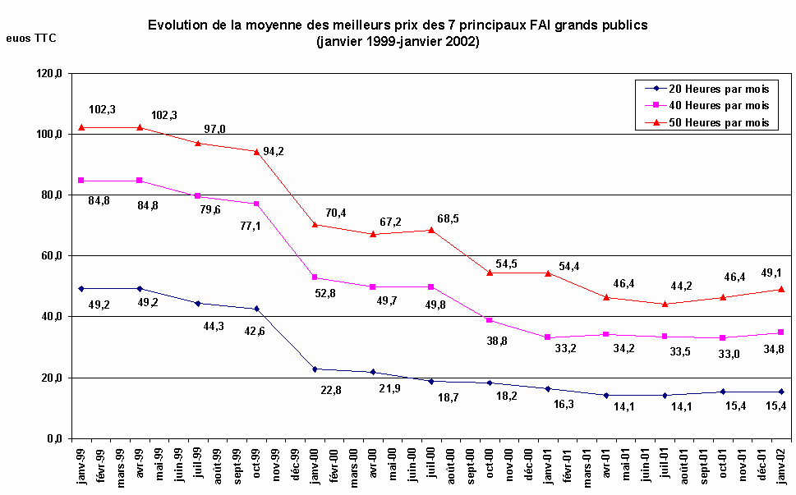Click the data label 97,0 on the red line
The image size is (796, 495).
214,129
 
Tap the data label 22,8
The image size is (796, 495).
330,390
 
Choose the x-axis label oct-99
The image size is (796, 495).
257,466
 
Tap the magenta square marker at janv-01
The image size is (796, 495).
548,337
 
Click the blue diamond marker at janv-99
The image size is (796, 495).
81,289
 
